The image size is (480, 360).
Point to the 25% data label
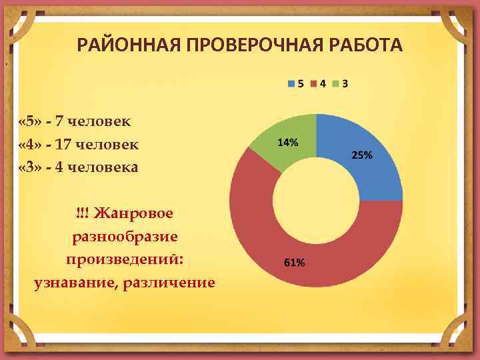[361, 155]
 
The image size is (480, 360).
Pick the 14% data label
[287, 142]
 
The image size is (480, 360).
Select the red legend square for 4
[314, 84]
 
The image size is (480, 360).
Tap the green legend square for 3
[336, 84]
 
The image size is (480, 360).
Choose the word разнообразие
[124, 236]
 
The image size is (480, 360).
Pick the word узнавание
[75, 283]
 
